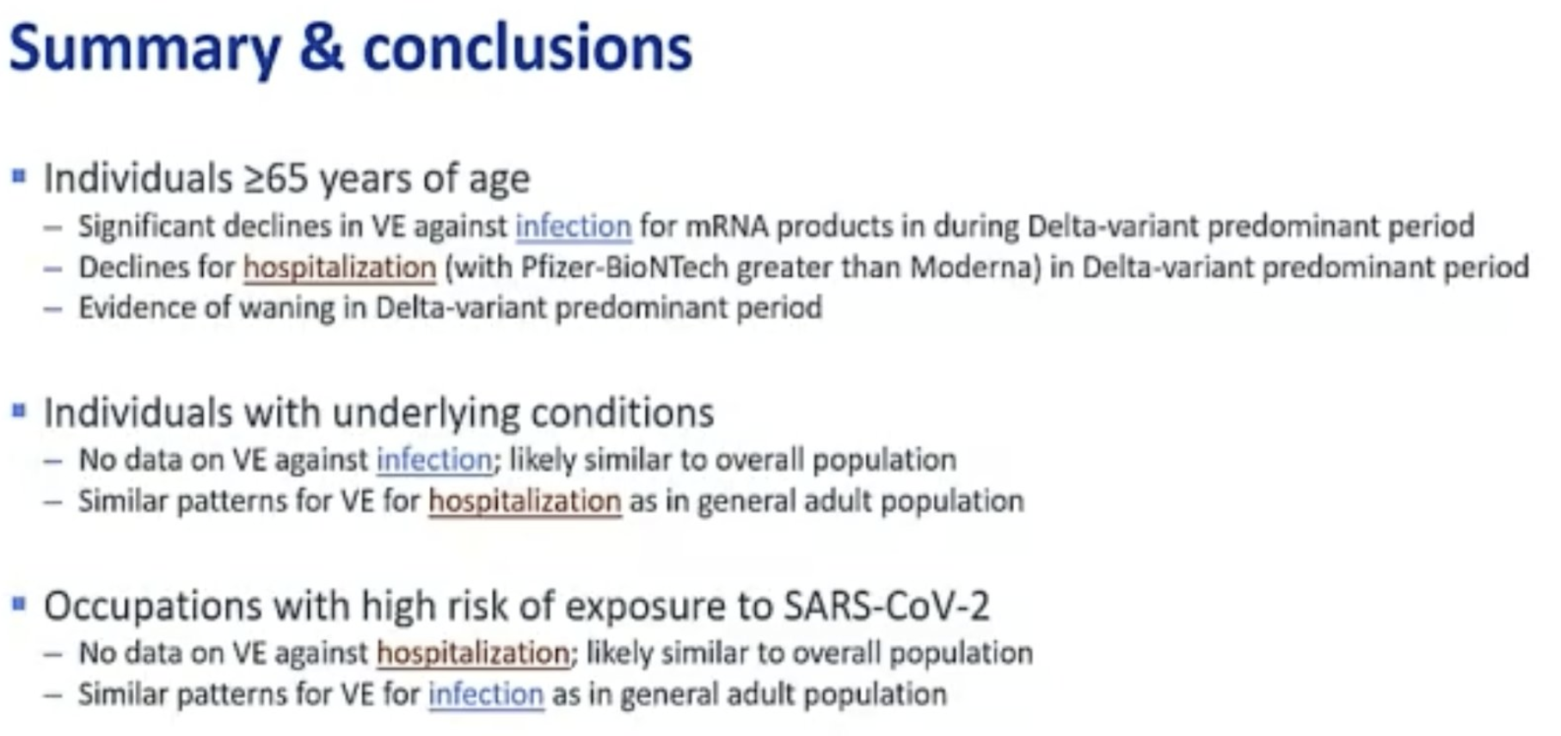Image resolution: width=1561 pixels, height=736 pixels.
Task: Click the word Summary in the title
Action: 144,50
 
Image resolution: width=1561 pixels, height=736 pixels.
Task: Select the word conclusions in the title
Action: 527,48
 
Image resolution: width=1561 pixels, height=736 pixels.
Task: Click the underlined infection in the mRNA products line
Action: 574,226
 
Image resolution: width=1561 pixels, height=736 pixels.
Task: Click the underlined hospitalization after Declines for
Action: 340,267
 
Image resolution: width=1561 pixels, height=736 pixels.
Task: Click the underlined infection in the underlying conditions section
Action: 435,460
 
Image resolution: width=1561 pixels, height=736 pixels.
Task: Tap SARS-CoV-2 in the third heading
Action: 887,606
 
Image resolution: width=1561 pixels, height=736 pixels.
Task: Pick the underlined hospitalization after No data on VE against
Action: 474,653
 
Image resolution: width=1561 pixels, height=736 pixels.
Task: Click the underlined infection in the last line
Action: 486,695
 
